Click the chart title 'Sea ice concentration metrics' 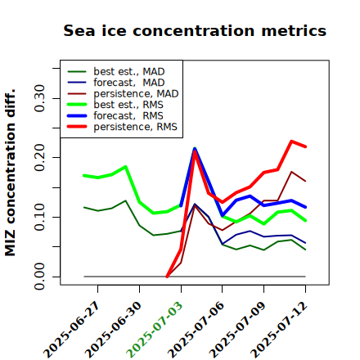click(195, 30)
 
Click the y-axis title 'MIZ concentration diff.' click(10, 173)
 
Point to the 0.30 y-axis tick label click(40, 98)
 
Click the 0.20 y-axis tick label click(40, 158)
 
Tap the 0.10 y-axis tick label click(40, 217)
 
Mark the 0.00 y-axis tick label click(40, 277)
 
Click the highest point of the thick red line click(291, 142)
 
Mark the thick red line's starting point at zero click(167, 277)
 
